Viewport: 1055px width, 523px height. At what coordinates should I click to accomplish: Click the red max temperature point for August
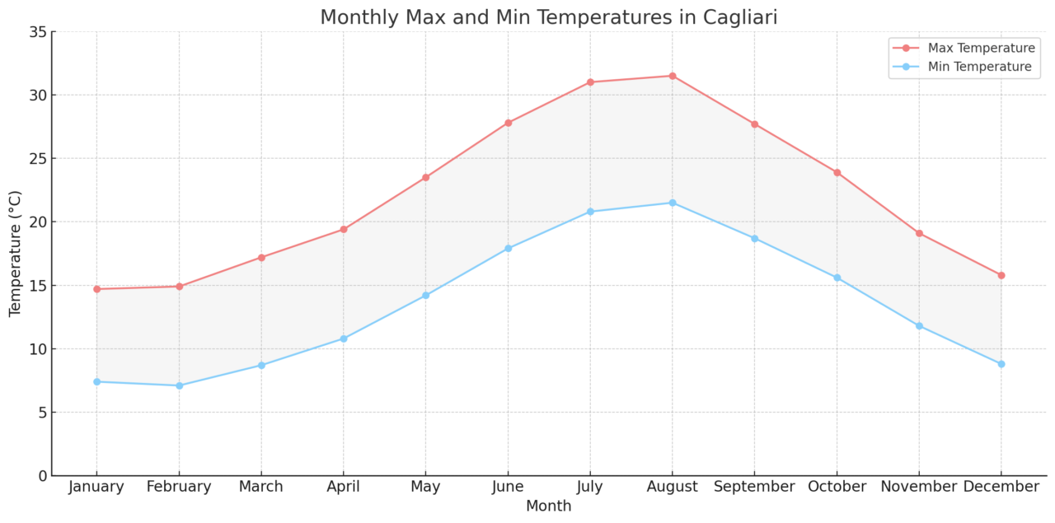click(x=672, y=76)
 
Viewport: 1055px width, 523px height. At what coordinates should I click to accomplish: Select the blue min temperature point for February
click(x=179, y=385)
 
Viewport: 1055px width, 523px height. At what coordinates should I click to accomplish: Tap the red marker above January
click(x=96, y=289)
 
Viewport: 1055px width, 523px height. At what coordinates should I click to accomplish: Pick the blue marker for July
click(x=590, y=212)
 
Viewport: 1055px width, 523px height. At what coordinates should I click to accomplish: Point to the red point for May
click(x=425, y=177)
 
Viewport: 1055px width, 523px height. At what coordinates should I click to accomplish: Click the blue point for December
click(x=1001, y=364)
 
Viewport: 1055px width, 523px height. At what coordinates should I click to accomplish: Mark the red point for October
click(x=837, y=172)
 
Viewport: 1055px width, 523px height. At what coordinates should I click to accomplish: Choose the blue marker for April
click(x=344, y=339)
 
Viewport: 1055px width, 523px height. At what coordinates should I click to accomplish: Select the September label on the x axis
click(x=754, y=487)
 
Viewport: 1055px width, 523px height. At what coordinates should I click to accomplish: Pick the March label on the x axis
click(x=260, y=487)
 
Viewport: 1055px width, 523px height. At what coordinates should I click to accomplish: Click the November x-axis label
click(x=918, y=487)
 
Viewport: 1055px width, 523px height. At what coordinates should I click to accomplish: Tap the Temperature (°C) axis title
click(x=16, y=254)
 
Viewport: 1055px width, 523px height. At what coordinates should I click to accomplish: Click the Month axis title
click(x=548, y=506)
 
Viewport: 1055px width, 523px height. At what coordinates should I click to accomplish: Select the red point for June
click(x=508, y=123)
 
